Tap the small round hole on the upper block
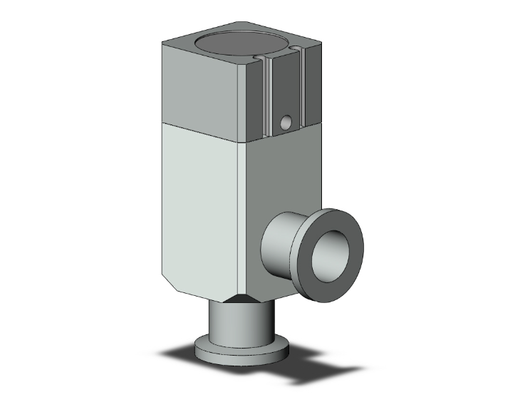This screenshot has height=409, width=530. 286,124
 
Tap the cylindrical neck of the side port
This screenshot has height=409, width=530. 281,249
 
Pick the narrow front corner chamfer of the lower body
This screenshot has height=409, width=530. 243,213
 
